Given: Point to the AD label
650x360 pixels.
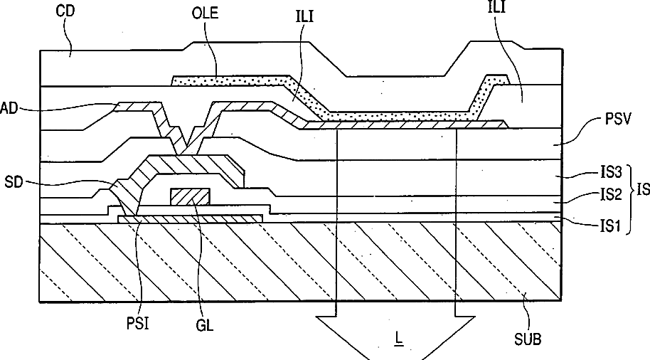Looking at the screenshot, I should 9,109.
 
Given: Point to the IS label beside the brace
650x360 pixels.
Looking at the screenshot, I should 642,190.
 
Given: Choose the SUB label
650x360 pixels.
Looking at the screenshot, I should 527,339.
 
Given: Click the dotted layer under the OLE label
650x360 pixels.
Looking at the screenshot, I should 228,81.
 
